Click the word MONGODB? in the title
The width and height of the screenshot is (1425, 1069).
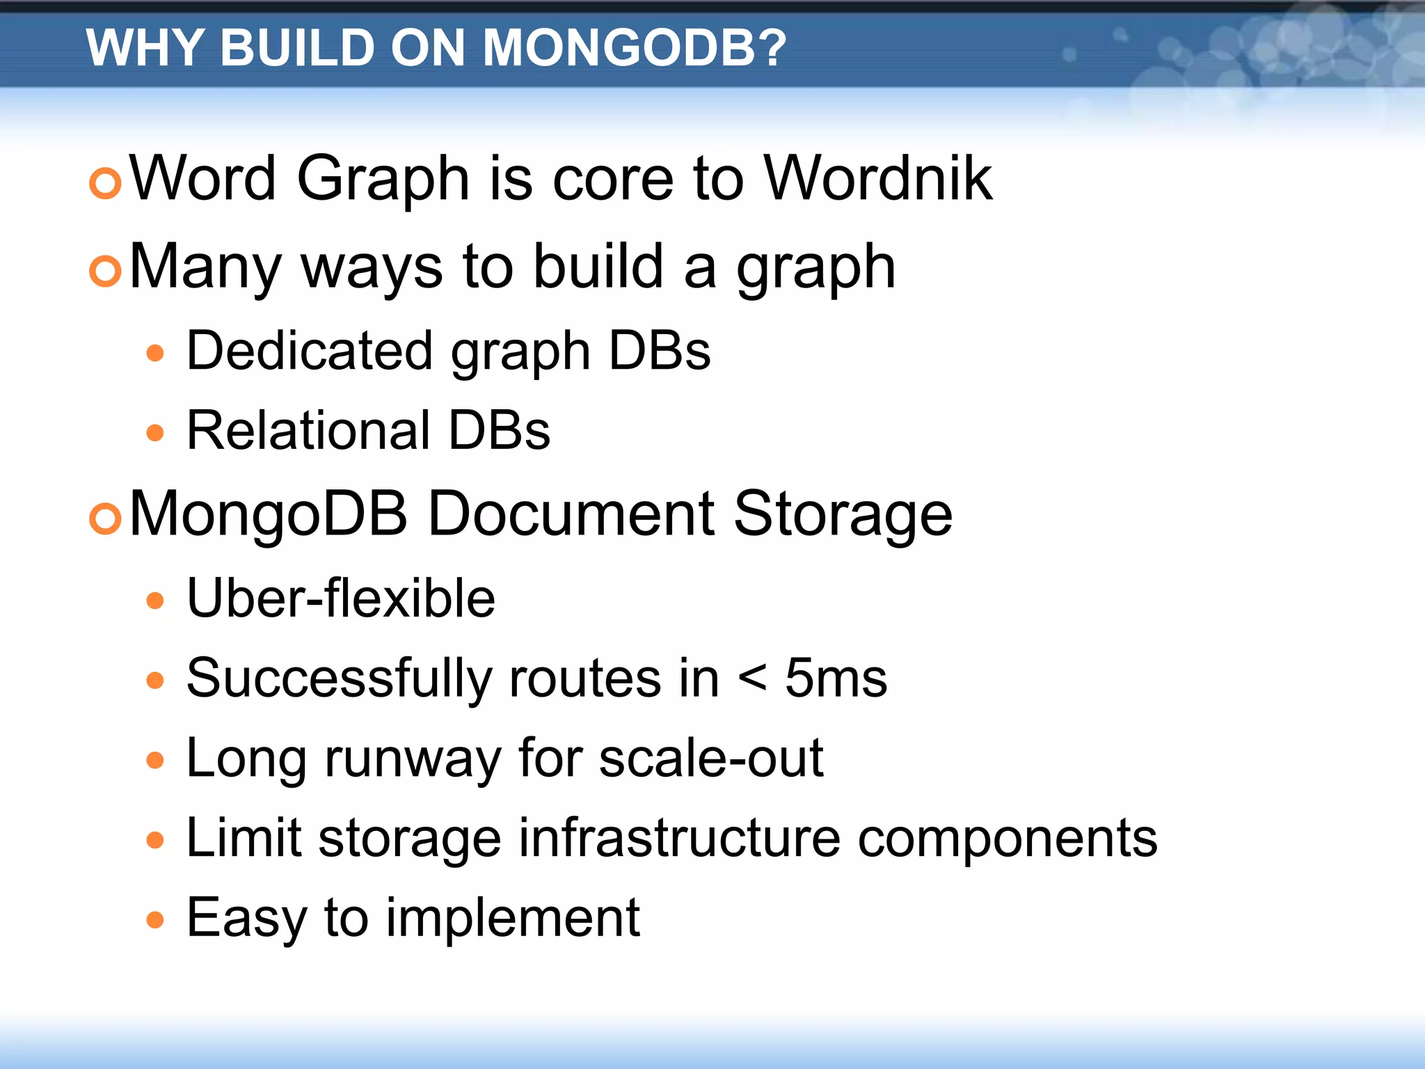point(634,48)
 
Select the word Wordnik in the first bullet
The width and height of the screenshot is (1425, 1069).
point(877,179)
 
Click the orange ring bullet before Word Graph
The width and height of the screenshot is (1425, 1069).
point(106,183)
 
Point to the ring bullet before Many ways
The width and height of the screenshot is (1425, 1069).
point(106,271)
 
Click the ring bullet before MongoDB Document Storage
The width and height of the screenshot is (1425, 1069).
point(106,518)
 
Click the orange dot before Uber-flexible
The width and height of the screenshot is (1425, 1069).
point(155,601)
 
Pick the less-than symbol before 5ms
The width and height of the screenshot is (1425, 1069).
point(752,677)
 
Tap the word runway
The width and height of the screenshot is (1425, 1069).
point(413,759)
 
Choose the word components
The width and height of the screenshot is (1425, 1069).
point(1007,839)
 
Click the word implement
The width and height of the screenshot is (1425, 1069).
point(513,919)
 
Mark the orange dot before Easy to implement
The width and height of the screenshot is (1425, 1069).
point(155,920)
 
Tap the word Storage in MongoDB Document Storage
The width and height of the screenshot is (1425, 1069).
point(843,515)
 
